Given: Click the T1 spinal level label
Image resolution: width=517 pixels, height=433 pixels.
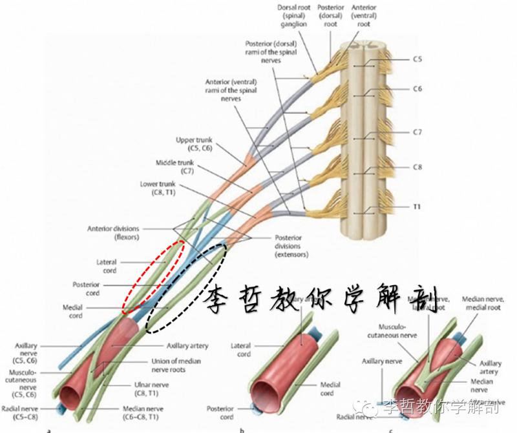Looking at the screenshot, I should tap(417, 208).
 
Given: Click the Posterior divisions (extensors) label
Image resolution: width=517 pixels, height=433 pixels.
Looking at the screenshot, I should tap(290, 246).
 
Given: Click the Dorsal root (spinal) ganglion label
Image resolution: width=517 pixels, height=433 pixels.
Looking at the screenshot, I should tap(293, 15).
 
